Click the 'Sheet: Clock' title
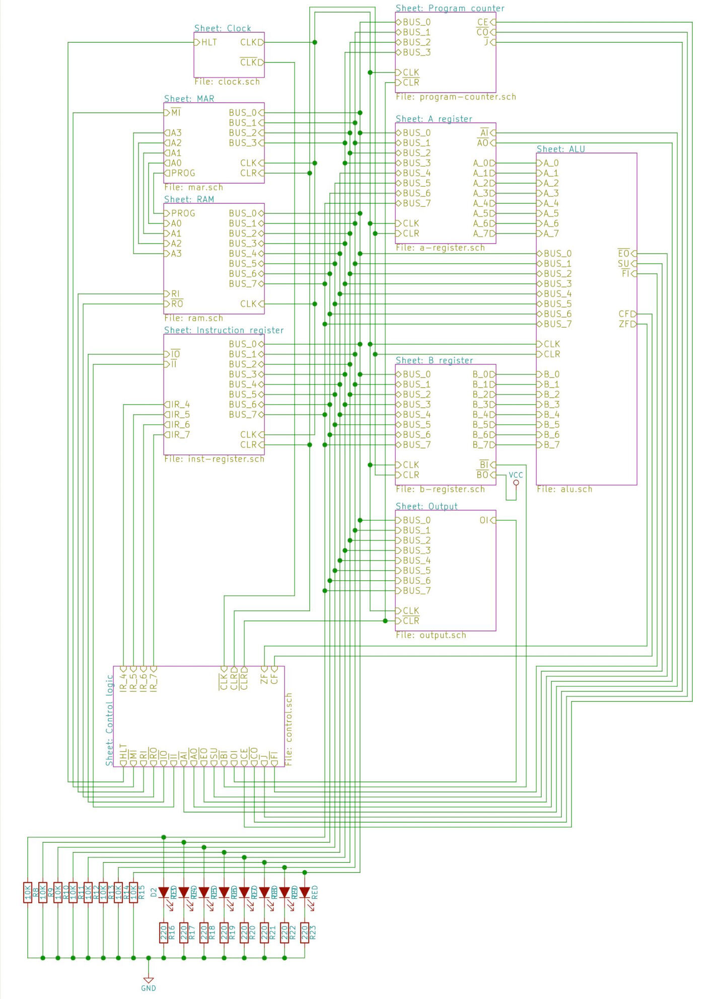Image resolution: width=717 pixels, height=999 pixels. coord(223,28)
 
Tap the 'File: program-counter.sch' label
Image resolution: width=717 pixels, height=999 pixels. coord(456,97)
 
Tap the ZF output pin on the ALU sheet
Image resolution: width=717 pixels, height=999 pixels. coord(627,324)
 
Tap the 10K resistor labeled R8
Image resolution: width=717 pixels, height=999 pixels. coord(28,892)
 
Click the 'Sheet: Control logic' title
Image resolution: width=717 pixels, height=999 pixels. coord(109,721)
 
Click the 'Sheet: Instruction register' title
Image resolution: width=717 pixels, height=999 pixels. coord(224,330)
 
